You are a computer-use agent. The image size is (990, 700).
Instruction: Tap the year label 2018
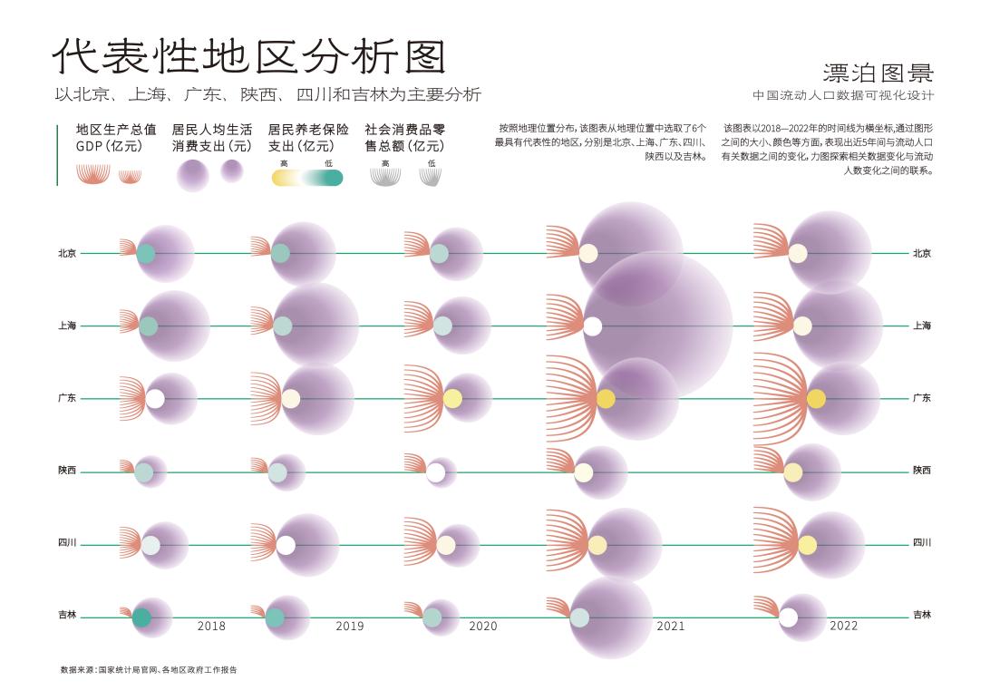click(x=211, y=626)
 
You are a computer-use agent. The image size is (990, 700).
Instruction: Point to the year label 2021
click(x=670, y=626)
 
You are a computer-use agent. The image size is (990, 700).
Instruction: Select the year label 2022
click(x=843, y=626)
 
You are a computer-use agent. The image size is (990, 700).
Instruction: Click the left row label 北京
click(x=67, y=254)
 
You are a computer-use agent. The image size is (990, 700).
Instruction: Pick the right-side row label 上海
click(x=922, y=326)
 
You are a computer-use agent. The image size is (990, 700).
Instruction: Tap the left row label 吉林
click(x=67, y=616)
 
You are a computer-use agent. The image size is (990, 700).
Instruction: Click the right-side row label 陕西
click(x=922, y=471)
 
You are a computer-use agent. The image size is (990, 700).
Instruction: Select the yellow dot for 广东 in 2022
click(x=816, y=399)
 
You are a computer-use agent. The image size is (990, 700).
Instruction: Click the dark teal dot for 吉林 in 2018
click(x=141, y=617)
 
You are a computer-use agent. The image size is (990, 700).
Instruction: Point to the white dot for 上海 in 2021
click(x=593, y=326)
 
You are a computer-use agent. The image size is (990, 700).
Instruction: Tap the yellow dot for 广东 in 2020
click(x=452, y=399)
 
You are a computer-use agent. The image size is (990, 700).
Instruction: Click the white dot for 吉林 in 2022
click(x=789, y=617)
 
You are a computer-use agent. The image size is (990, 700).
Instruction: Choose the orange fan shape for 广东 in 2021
click(x=571, y=399)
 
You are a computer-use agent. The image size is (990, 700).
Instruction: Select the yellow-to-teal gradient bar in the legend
click(x=307, y=178)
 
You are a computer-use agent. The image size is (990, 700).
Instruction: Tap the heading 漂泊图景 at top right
click(x=878, y=73)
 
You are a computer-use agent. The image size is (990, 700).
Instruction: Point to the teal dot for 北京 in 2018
click(x=145, y=254)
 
